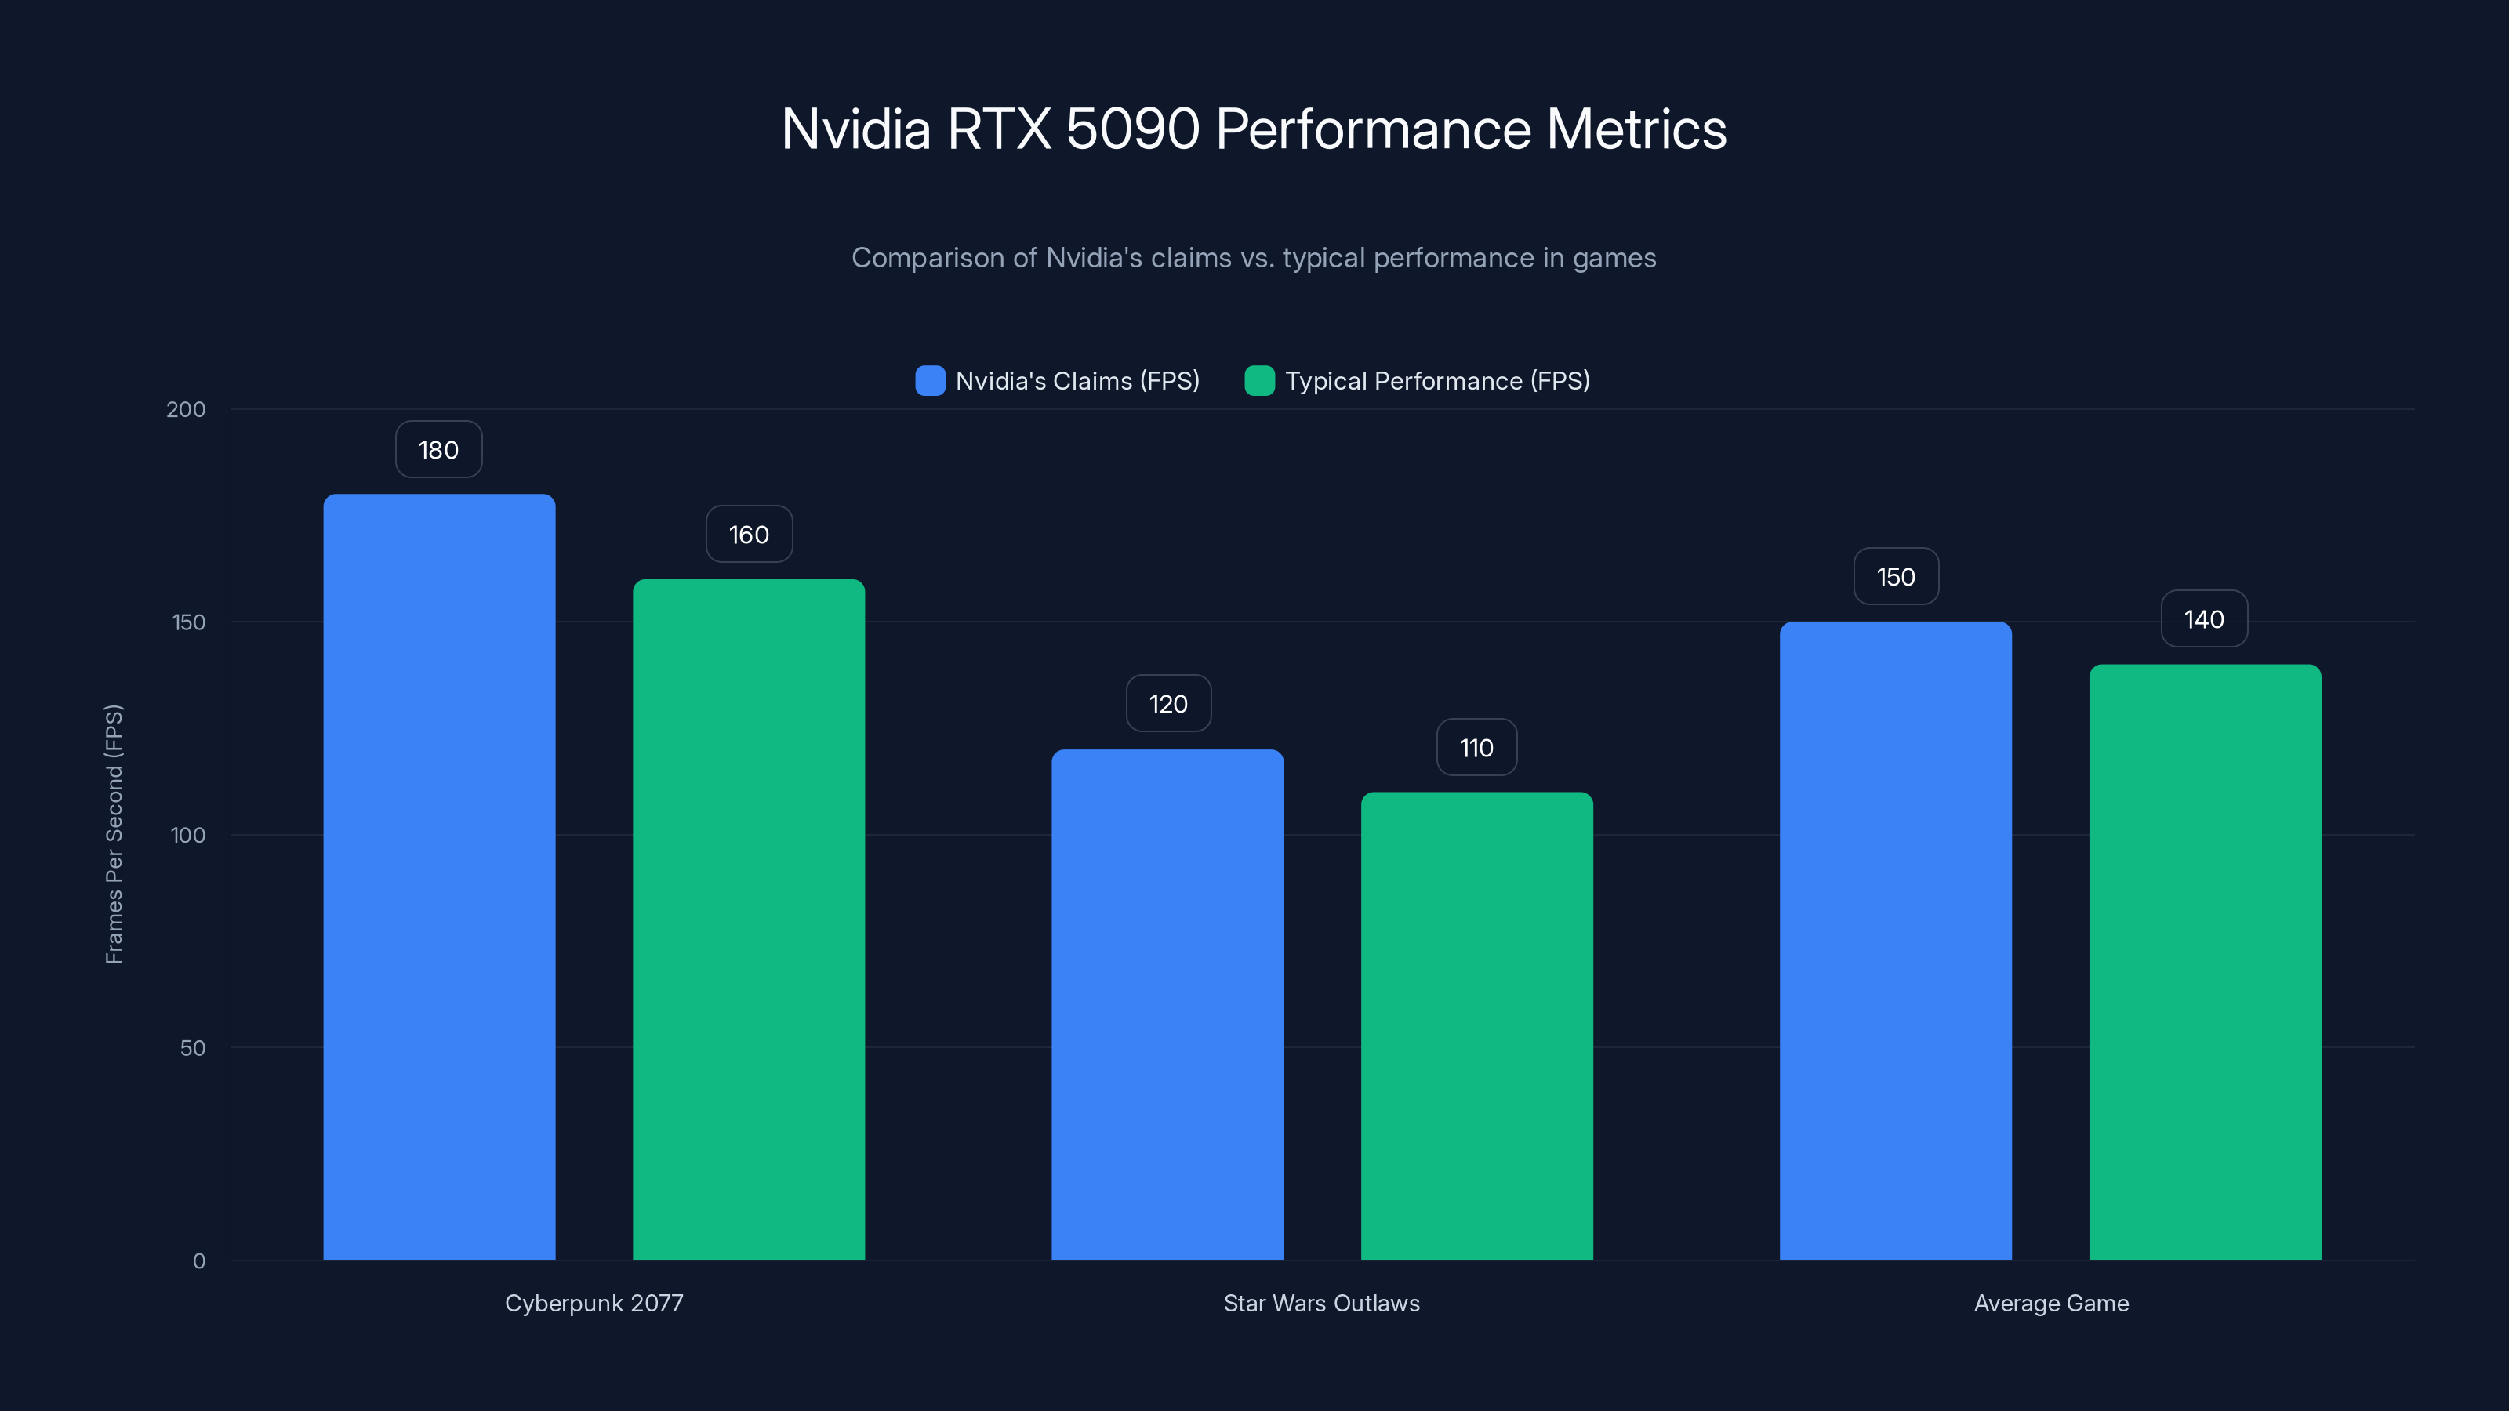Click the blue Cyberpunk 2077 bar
click(x=439, y=876)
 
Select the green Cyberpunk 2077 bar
click(x=748, y=920)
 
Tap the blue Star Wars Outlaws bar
click(x=1167, y=1004)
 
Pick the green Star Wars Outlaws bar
click(x=1476, y=1025)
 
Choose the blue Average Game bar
click(x=1895, y=941)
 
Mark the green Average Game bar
click(x=2205, y=962)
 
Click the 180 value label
click(x=438, y=450)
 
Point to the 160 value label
click(x=749, y=535)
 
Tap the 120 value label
click(x=1167, y=704)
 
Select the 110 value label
click(x=1476, y=748)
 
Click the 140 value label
click(x=2204, y=619)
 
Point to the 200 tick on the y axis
click(x=186, y=409)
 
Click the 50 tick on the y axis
click(x=193, y=1048)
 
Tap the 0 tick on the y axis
click(x=198, y=1261)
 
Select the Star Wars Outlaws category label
click(x=1322, y=1303)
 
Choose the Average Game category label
click(x=2051, y=1303)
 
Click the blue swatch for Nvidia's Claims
click(x=930, y=381)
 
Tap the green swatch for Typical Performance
click(x=1259, y=381)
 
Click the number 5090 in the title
click(x=1131, y=129)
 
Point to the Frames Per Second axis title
click(x=114, y=835)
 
